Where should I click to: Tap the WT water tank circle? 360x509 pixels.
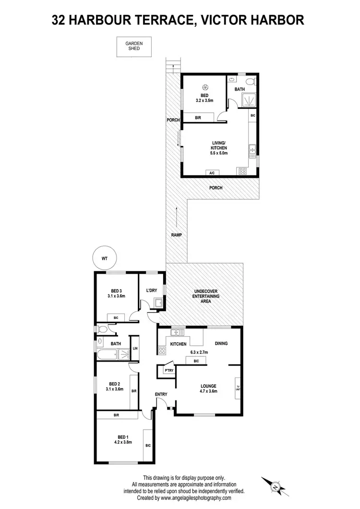104,258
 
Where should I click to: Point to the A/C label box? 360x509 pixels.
212,173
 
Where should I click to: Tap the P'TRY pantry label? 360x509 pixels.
168,371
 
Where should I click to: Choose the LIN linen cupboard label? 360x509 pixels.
135,348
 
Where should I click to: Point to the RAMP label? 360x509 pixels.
176,235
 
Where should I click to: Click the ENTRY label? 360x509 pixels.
161,394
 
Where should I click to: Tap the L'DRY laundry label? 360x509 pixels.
152,290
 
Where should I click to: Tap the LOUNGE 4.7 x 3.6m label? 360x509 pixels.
208,388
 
